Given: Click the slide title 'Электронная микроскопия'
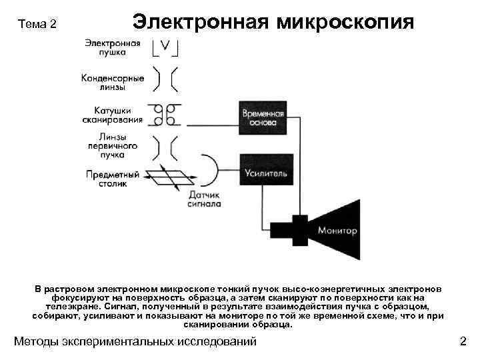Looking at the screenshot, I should [x=273, y=22].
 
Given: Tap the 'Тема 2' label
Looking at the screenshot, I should [x=38, y=25].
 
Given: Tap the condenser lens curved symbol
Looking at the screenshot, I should [x=164, y=79].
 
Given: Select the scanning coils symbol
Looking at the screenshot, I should [x=165, y=114].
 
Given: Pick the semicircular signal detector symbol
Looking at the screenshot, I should [x=209, y=170].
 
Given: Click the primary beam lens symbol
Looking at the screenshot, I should [x=164, y=146].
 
